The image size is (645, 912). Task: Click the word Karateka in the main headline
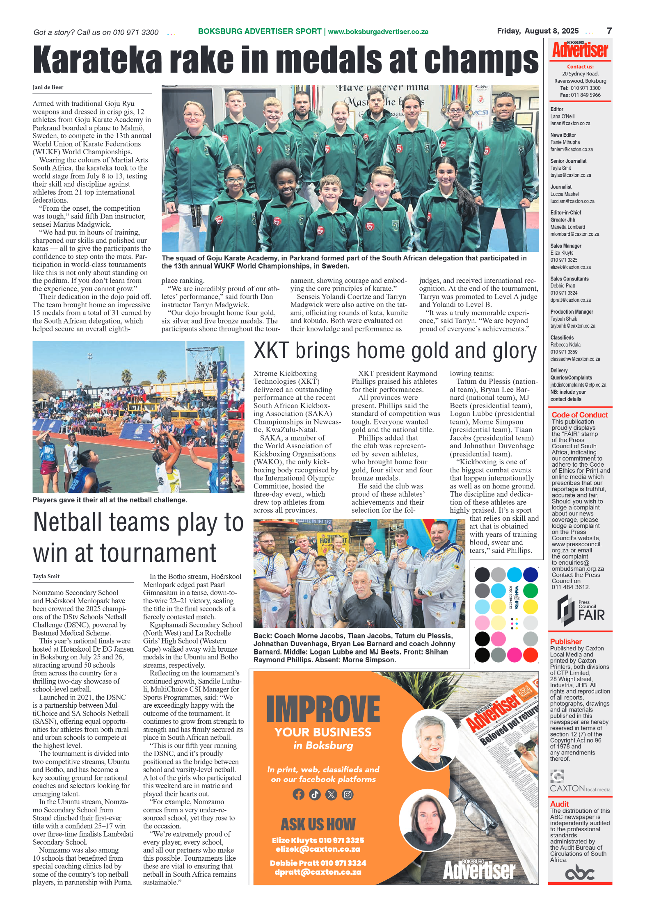(97, 60)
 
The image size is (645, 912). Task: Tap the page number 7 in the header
(609, 31)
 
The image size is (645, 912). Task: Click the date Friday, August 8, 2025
(537, 31)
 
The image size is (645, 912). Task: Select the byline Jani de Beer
(48, 87)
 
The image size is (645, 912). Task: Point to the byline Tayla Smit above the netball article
(46, 576)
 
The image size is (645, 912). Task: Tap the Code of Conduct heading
(579, 415)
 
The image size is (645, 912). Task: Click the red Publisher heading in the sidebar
(565, 642)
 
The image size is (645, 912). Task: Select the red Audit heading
(559, 804)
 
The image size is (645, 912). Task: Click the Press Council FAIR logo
(580, 611)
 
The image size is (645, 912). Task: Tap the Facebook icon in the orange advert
(298, 795)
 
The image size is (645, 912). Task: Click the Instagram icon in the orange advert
(348, 795)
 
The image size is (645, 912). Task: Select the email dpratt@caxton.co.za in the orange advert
(318, 872)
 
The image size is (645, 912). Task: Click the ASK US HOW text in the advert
(318, 824)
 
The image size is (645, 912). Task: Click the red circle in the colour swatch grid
(531, 655)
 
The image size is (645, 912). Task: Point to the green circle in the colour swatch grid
(531, 591)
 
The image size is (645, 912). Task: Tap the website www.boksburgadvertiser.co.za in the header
(378, 32)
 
